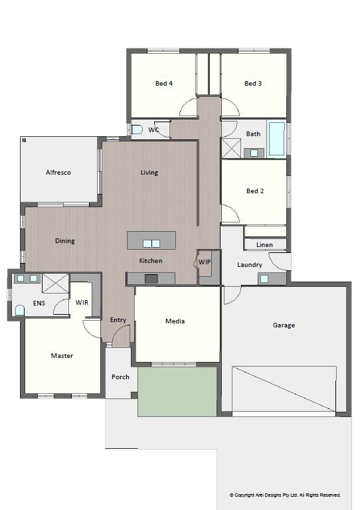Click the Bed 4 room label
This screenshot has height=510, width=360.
164,83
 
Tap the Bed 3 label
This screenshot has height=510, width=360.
253,83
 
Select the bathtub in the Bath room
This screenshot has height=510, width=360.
277,139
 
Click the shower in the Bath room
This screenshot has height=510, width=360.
231,148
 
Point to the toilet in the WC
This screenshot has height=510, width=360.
137,129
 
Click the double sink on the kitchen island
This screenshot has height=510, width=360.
151,244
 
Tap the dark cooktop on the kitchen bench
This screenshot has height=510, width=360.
151,279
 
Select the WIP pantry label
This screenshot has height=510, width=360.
204,262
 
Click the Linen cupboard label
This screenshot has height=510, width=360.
264,245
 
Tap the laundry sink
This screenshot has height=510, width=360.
264,279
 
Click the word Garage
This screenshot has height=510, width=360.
284,325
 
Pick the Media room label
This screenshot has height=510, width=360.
175,321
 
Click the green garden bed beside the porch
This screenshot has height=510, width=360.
177,392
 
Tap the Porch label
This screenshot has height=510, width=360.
120,377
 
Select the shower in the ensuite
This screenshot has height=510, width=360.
56,284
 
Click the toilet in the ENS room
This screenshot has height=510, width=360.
20,310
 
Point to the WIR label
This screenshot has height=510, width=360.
82,303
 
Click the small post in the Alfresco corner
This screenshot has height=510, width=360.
24,140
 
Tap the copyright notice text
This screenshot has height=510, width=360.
285,495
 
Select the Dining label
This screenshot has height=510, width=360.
64,241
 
